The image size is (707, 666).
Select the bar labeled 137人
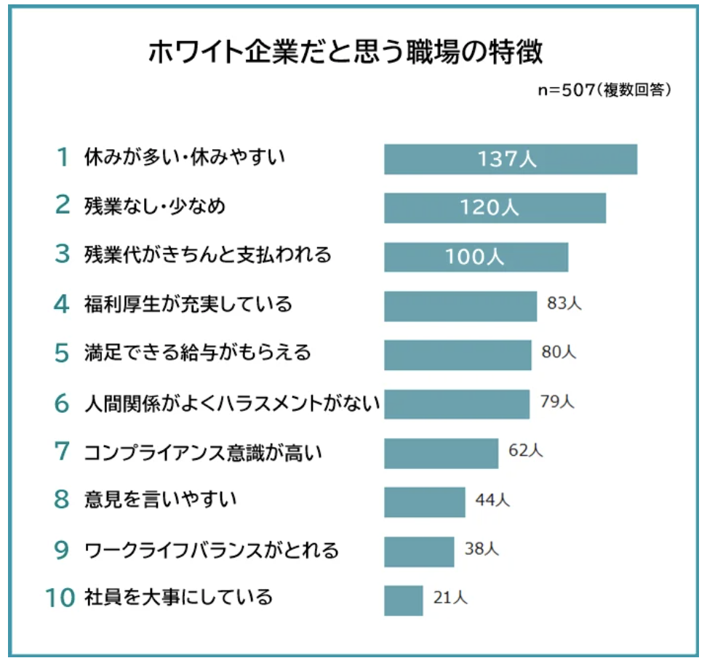pos(511,159)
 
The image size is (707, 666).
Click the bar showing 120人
pos(495,208)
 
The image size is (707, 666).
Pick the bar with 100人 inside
pos(476,257)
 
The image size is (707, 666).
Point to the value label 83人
pos(564,304)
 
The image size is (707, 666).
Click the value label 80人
pos(559,353)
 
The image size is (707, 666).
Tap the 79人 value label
pos(557,401)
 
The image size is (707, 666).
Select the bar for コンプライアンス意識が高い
pos(441,453)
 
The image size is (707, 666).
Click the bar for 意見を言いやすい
pos(424,502)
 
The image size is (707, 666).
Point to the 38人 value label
pos(482,550)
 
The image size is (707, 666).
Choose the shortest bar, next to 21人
pos(403,600)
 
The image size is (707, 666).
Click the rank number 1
pos(64,157)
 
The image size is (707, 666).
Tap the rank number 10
pos(60,598)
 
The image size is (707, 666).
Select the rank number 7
pos(63,452)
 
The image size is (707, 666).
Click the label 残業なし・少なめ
pos(155,206)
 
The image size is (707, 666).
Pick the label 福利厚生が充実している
pos(188,304)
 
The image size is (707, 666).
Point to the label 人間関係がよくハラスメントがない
pos(232,403)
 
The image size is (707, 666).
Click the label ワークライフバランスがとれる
pos(212,550)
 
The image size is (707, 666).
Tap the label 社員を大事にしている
pos(178,598)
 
